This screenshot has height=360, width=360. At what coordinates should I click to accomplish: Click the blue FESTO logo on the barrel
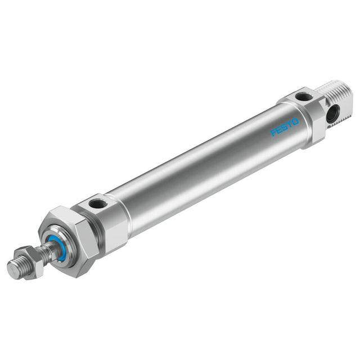[285, 127]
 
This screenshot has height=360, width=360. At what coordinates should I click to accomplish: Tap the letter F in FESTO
[273, 133]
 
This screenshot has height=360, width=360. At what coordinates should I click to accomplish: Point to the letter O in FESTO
[295, 121]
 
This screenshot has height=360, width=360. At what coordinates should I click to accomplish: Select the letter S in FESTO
[284, 127]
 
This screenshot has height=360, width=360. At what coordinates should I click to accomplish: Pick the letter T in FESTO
[289, 124]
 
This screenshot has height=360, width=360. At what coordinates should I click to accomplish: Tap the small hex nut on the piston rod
[29, 263]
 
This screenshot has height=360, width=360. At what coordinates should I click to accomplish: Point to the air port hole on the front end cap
[97, 204]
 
